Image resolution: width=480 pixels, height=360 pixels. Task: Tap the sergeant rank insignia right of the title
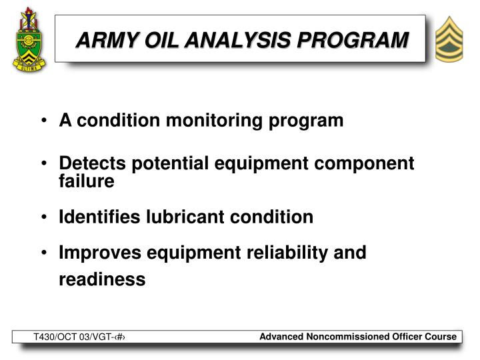(x=453, y=39)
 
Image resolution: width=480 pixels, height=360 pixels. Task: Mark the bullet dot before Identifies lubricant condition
(x=43, y=217)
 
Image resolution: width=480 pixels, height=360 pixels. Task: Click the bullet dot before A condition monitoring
(x=43, y=121)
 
